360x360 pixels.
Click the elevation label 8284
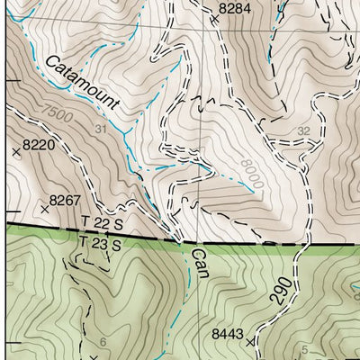235,8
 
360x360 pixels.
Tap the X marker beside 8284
214,18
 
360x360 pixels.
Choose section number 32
303,130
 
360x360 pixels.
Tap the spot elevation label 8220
40,143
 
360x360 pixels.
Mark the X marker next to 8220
16,154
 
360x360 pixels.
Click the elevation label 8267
66,199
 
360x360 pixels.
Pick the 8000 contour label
251,173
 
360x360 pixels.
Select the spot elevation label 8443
228,334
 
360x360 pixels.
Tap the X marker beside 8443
250,343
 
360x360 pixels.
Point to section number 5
304,349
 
